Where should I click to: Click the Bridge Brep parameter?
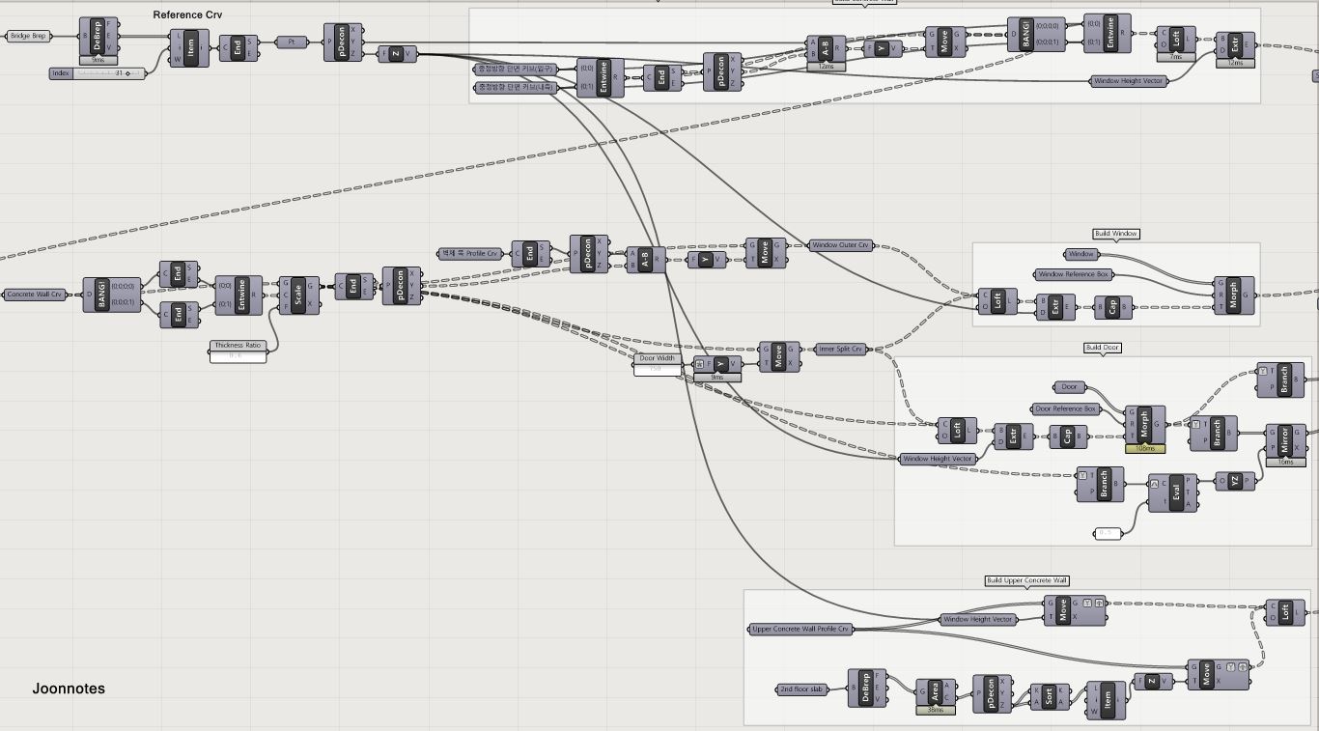29,36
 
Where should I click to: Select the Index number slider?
97,73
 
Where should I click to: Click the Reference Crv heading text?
187,14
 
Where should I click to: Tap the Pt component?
292,42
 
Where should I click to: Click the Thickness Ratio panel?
238,351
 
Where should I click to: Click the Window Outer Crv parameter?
840,245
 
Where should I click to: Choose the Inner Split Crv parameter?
840,349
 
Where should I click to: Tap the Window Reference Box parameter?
1074,274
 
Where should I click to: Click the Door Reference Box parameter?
1066,408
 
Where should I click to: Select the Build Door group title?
1103,348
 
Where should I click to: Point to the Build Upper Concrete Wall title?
1026,580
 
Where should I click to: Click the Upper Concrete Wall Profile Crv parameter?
800,629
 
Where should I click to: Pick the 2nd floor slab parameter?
803,689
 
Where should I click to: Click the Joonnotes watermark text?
69,689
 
